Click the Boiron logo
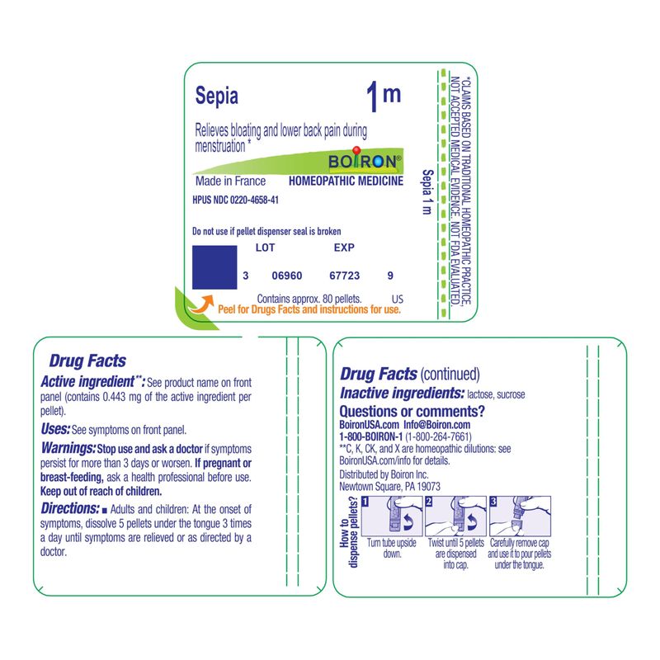coord(365,160)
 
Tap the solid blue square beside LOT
coord(214,267)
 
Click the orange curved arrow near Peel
coord(201,304)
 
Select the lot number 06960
coord(286,276)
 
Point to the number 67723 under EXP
coord(344,276)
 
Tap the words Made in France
coord(230,181)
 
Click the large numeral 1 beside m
coord(373,97)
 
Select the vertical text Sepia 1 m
coord(427,192)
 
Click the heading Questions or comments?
coord(412,411)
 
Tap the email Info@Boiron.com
coord(437,425)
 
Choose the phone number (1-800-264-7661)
coord(438,437)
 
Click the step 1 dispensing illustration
coord(392,516)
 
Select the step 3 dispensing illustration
coord(520,516)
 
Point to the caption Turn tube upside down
coord(392,549)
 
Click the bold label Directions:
coord(70,509)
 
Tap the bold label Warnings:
coord(68,448)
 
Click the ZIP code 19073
coord(429,487)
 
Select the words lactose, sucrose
coord(496,395)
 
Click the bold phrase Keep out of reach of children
coord(101,491)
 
